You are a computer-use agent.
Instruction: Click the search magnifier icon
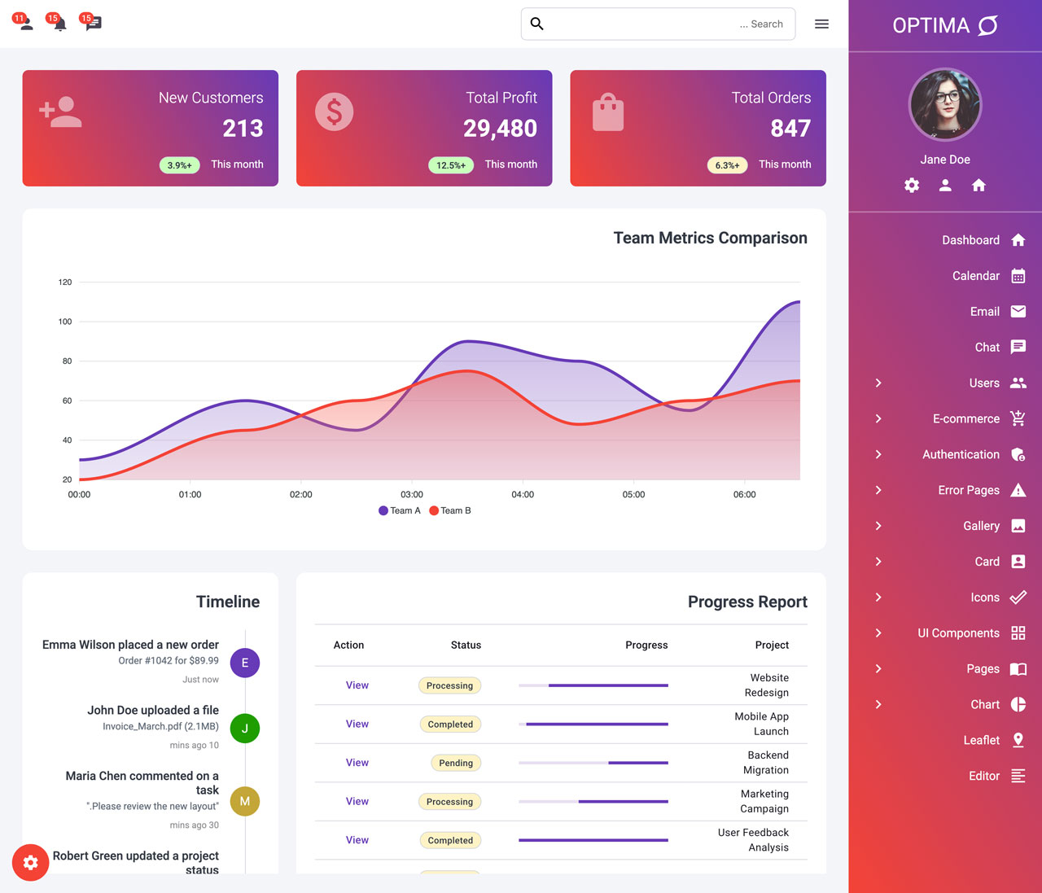(537, 24)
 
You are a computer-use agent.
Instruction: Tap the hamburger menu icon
(821, 24)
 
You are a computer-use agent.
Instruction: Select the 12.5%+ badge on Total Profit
(451, 165)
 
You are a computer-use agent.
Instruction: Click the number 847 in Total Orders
(790, 128)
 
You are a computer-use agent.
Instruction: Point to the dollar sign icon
(335, 112)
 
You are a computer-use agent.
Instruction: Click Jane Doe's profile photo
(945, 104)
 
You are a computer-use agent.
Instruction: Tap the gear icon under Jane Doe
(912, 185)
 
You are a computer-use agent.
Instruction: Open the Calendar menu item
(976, 276)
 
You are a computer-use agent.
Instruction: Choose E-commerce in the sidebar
(965, 418)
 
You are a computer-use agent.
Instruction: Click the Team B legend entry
(449, 510)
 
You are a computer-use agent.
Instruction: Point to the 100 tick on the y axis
(65, 322)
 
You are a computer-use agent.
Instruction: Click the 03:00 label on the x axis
(412, 495)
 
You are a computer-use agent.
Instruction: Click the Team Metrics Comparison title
(711, 238)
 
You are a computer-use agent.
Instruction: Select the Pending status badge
(456, 763)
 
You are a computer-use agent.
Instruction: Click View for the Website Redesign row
(357, 685)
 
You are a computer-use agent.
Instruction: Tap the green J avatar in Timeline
(245, 728)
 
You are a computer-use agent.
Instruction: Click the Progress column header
(646, 645)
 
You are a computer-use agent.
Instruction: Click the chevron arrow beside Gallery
(878, 526)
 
